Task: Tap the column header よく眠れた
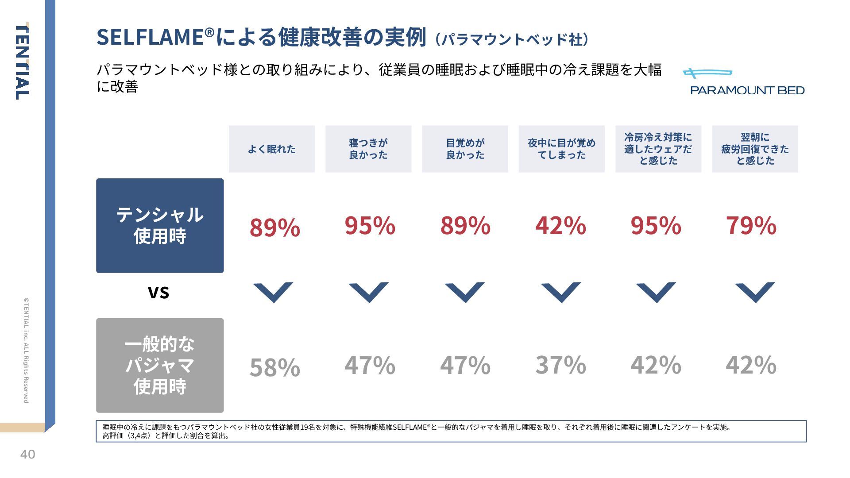(271, 149)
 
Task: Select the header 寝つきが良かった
(368, 149)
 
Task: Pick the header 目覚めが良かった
(465, 149)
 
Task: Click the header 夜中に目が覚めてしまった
(561, 149)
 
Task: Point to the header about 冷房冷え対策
(658, 149)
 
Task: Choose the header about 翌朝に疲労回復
(754, 149)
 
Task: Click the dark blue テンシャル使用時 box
(160, 225)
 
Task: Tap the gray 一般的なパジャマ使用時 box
(160, 365)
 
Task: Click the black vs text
(158, 292)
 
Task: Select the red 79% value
(751, 225)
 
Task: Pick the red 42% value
(560, 225)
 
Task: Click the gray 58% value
(274, 367)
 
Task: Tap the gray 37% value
(560, 365)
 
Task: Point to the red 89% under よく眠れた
(274, 227)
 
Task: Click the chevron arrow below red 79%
(754, 292)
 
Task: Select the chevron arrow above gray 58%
(273, 292)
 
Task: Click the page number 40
(27, 455)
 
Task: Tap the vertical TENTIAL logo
(22, 62)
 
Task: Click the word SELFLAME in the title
(151, 37)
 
